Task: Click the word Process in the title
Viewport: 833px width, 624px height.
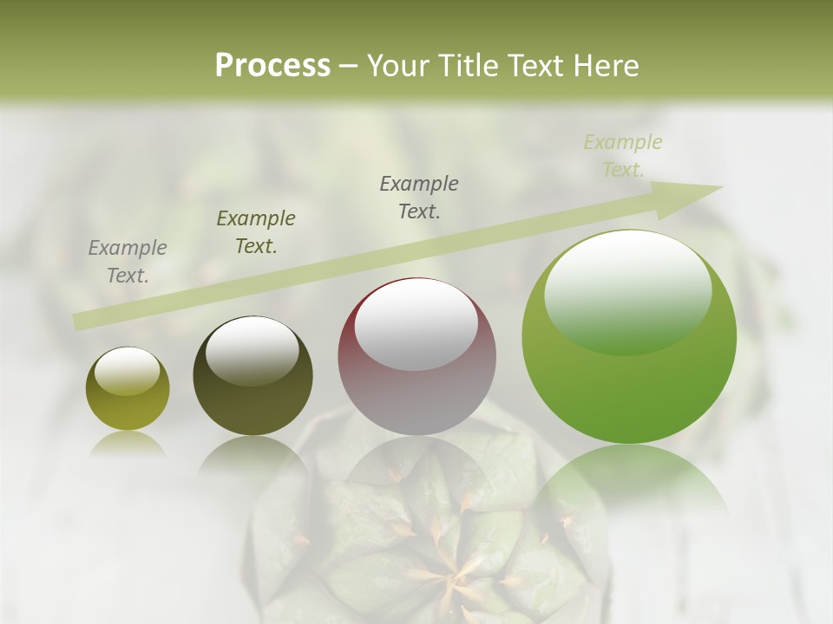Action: [272, 66]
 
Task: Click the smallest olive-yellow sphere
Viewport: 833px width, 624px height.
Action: [128, 389]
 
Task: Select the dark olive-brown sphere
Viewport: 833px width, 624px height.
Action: [253, 377]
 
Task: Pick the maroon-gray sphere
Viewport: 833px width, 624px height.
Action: [416, 357]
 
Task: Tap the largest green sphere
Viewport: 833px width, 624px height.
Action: [629, 338]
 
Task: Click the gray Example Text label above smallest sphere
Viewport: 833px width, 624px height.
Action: [128, 262]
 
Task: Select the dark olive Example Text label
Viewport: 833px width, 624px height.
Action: [256, 232]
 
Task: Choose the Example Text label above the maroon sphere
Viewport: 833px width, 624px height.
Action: [419, 198]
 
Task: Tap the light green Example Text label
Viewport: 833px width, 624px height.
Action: [623, 156]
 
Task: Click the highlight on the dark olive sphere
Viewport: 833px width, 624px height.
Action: [253, 349]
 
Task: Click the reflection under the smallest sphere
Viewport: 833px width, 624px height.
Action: [128, 444]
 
